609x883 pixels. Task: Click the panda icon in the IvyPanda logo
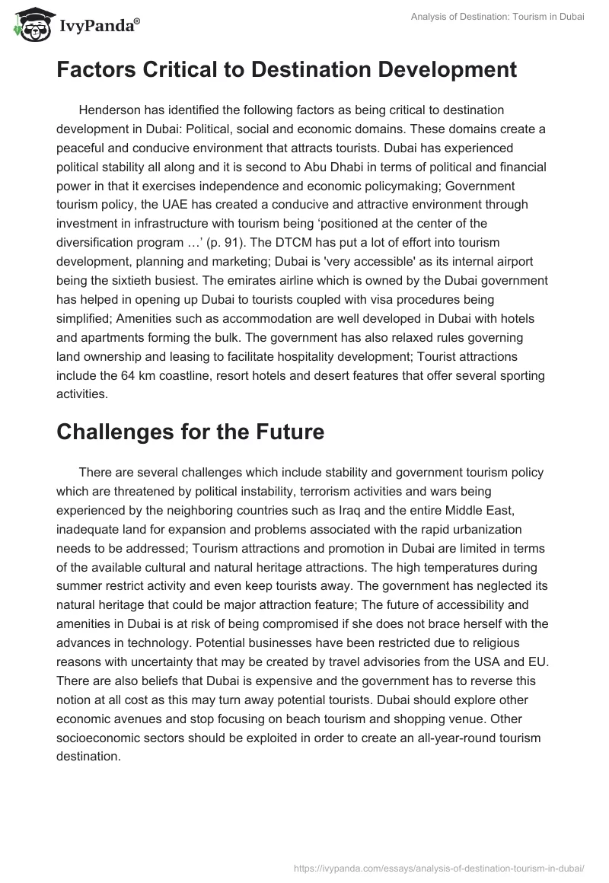30,26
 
